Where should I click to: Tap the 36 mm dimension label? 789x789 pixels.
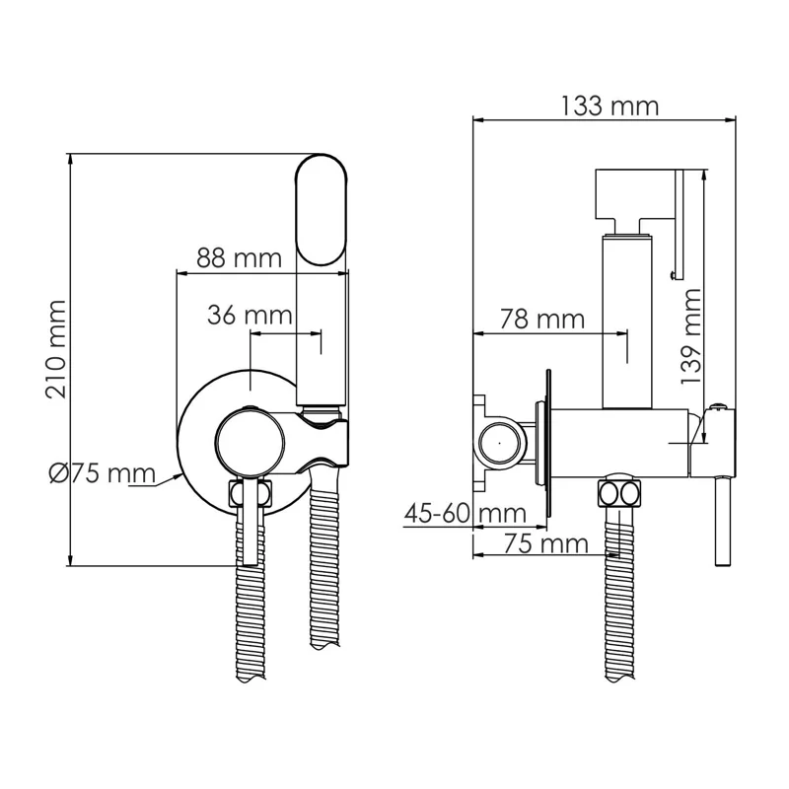click(250, 316)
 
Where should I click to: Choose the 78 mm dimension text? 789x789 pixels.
click(541, 319)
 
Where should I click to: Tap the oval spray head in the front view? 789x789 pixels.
click(322, 209)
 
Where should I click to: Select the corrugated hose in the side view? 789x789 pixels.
click(618, 602)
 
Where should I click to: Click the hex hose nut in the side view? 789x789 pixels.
click(618, 492)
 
